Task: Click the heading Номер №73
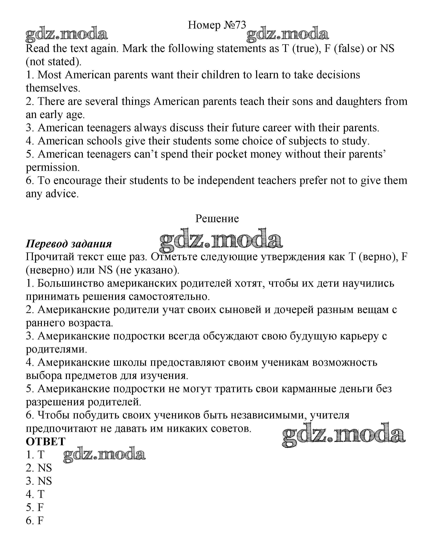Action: coord(217,25)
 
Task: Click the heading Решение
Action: coord(217,219)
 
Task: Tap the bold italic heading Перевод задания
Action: coord(69,244)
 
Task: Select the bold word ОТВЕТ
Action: coord(46,442)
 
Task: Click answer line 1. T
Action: coord(35,455)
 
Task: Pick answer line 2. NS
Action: coord(39,468)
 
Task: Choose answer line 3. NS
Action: coord(39,481)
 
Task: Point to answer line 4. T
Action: coord(35,494)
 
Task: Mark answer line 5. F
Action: coord(35,507)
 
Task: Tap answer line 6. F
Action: coord(35,521)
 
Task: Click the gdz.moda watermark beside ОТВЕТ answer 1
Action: coord(104,455)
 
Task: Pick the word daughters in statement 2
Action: coord(359,102)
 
